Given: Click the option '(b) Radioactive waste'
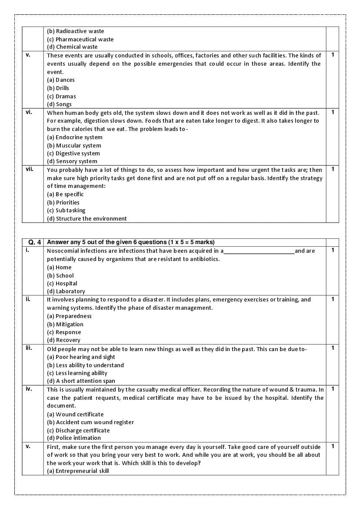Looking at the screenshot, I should click(75, 31).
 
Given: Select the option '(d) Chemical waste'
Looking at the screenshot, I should click(72, 47).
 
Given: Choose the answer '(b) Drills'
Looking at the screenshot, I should click(58, 88).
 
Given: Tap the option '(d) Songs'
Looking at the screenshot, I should click(59, 104).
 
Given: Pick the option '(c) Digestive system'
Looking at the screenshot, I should click(73, 154).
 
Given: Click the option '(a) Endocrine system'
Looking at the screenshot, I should click(75, 137).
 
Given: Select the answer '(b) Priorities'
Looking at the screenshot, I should click(63, 203).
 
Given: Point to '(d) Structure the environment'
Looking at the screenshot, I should click(87, 219).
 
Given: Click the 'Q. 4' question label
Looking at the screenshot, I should click(33, 242).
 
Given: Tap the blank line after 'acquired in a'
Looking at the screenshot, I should click(259, 251).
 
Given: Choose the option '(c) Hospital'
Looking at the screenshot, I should click(62, 284).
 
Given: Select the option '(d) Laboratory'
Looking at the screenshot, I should click(66, 291).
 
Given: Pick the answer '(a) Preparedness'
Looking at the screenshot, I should click(69, 316).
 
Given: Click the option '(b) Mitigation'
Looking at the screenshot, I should click(65, 325).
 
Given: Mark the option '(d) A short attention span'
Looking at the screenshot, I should click(81, 381).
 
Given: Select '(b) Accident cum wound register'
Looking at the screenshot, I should click(90, 422).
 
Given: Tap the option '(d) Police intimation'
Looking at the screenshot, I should click(74, 438).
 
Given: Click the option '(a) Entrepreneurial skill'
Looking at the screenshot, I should click(78, 471).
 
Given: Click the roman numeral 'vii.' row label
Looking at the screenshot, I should click(29, 169).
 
